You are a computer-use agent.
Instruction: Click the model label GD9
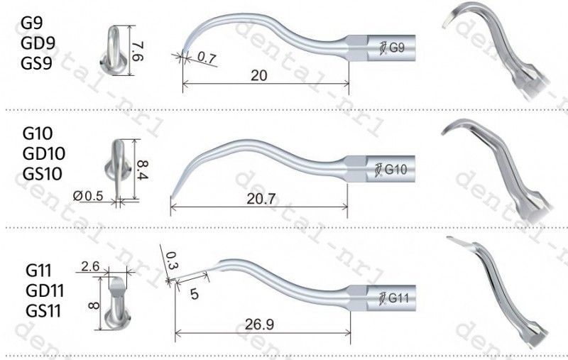tap(38, 43)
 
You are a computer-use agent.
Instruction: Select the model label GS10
tap(43, 174)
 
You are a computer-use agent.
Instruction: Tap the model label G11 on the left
tap(39, 271)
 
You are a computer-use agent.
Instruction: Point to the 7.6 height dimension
tap(138, 51)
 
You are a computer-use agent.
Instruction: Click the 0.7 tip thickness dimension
tap(207, 58)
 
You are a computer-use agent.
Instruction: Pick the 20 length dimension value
tap(259, 75)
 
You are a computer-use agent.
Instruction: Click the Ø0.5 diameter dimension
tap(88, 196)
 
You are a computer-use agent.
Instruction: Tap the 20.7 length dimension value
tap(261, 199)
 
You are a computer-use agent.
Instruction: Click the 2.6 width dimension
tap(90, 266)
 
